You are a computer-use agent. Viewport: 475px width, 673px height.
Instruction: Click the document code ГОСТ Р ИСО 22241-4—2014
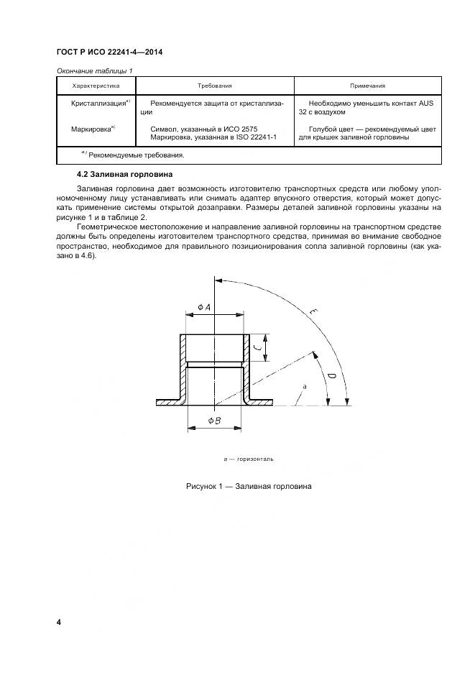(109, 52)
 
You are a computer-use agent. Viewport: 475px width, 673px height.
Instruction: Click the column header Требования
(215, 85)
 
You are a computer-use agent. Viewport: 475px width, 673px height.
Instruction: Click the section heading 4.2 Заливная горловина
(124, 175)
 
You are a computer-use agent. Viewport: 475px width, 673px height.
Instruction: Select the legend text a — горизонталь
(249, 458)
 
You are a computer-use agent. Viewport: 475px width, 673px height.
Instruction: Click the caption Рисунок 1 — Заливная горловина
(248, 487)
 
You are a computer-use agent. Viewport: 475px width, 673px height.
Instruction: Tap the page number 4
(58, 621)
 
